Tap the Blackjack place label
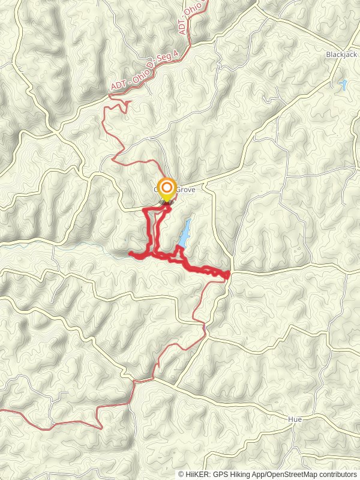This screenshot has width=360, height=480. [x=341, y=54]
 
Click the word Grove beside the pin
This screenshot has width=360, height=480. [x=185, y=188]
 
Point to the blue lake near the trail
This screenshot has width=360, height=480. [x=184, y=233]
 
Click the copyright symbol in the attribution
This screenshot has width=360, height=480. [x=181, y=474]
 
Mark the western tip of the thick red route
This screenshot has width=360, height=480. [x=130, y=254]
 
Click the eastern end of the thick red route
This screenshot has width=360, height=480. [x=229, y=275]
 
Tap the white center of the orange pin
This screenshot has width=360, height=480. [x=166, y=187]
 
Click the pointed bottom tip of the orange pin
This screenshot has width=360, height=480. [x=166, y=201]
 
